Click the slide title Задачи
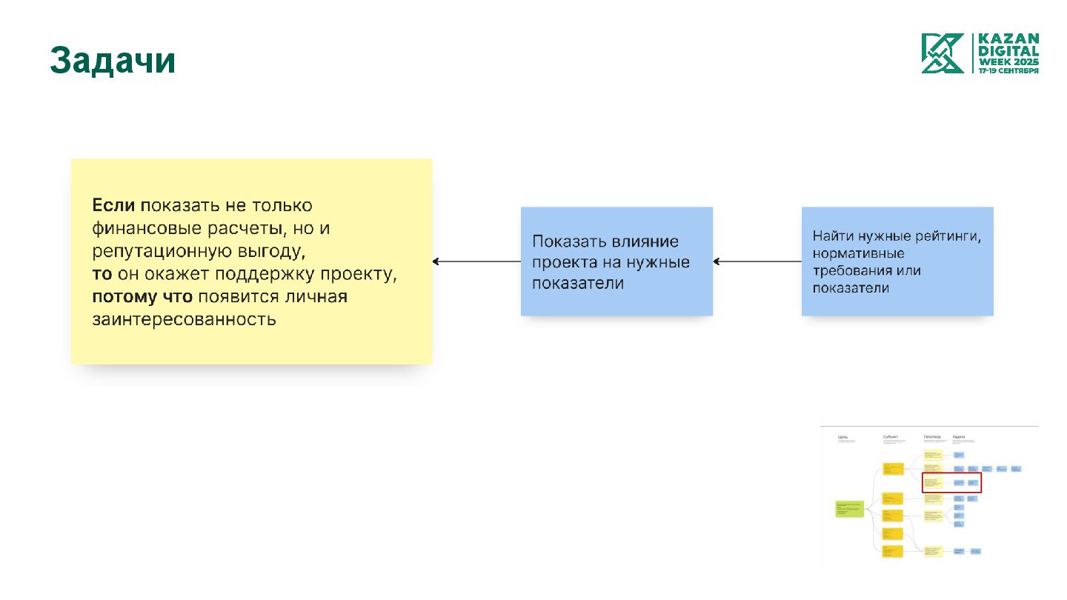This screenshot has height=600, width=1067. coord(113,61)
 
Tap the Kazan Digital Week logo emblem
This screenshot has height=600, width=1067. coord(943,53)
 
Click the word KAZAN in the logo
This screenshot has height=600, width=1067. coord(1008,39)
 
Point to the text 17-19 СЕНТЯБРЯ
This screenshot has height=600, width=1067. coord(1008,70)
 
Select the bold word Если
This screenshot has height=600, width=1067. coord(113,205)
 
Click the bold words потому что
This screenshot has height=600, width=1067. coord(142,297)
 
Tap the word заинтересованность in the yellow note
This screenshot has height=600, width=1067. coord(184,320)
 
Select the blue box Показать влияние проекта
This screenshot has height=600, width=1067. coord(616,261)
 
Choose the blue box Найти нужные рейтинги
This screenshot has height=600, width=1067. coord(897,261)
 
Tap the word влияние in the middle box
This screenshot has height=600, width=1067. coord(645,241)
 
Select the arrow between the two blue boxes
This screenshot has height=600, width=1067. coord(757,261)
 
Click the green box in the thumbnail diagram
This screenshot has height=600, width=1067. coord(849,509)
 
